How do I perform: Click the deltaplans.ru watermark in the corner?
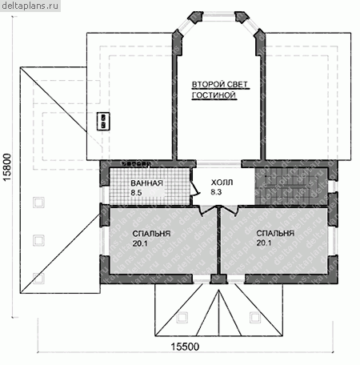30,6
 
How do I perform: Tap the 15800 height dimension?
7,167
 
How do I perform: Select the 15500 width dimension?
185,347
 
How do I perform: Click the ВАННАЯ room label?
146,183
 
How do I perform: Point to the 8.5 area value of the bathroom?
136,193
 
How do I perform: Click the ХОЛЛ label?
222,182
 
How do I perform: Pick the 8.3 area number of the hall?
216,192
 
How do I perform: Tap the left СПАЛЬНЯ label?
151,234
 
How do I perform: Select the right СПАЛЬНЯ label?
275,233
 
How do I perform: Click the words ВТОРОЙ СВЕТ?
220,85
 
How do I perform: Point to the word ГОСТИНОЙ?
214,95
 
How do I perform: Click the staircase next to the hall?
291,187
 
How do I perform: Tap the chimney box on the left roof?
103,122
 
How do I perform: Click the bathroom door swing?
194,187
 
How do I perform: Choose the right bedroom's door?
230,211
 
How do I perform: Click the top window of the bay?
218,17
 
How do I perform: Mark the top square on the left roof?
39,203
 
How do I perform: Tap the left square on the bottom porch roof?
182,318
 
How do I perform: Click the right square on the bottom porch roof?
255,318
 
